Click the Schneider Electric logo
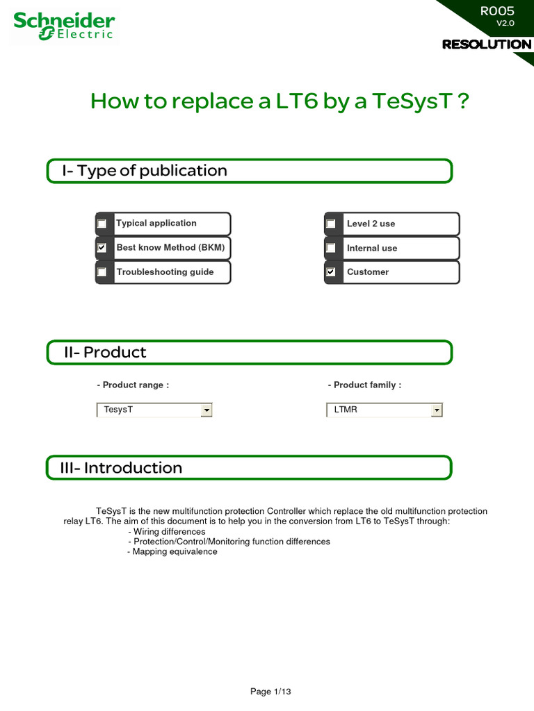click(64, 26)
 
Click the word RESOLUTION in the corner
click(487, 44)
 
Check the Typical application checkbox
click(102, 224)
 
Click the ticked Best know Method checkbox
click(102, 248)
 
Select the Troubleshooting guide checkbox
click(102, 272)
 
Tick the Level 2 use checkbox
click(331, 224)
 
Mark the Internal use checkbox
click(331, 248)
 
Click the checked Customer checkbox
click(331, 272)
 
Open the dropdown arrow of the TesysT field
click(206, 410)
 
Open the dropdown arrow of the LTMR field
click(436, 410)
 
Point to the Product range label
click(133, 385)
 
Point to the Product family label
click(364, 385)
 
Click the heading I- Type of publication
click(145, 171)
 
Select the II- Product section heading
click(104, 353)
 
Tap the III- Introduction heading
click(122, 468)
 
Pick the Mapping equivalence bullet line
click(172, 552)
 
